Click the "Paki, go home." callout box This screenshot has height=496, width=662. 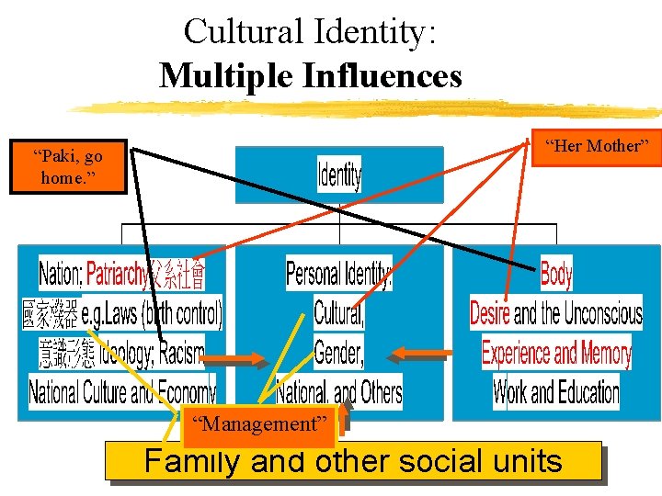click(x=69, y=165)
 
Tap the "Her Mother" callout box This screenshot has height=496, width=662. click(x=597, y=146)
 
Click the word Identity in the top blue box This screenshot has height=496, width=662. click(x=339, y=174)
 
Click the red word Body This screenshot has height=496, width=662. click(x=556, y=273)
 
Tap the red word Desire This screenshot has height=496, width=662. click(x=490, y=313)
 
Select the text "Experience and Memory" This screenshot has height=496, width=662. click(x=556, y=353)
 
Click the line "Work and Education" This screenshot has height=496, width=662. click(x=556, y=392)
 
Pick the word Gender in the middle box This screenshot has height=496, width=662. click(x=338, y=352)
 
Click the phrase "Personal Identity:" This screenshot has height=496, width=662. click(x=338, y=274)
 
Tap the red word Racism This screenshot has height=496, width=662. click(x=181, y=353)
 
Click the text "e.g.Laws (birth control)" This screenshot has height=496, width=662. click(x=152, y=313)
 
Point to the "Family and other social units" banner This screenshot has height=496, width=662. click(x=353, y=460)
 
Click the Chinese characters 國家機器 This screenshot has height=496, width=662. click(x=51, y=314)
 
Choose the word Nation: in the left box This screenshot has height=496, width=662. click(x=61, y=274)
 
